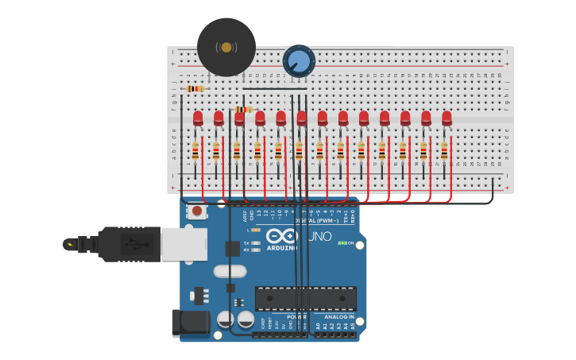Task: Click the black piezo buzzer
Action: coord(226,47)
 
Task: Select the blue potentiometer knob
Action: coord(300,61)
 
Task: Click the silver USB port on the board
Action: coord(184,244)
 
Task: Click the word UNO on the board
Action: coord(319,236)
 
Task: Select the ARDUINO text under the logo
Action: coord(283,247)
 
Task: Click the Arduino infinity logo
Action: coord(282,235)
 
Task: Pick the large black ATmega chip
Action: coord(306,298)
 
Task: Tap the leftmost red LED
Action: coord(198,118)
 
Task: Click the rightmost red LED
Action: coord(446,118)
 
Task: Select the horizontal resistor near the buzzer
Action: coord(195,88)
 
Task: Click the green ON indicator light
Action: coord(342,242)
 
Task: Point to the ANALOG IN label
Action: coord(339,316)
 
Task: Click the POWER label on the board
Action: coord(296,316)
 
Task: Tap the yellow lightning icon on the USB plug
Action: coord(72,244)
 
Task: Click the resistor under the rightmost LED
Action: coord(444,150)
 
